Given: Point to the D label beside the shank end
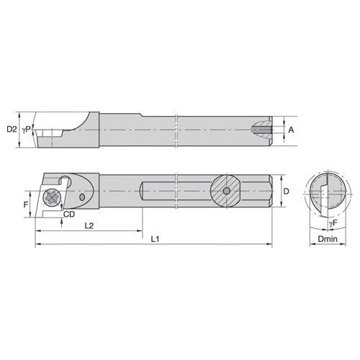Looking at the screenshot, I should coord(287,192).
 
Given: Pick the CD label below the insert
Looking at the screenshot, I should coord(70,214).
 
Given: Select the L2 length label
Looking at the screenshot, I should coord(88,225).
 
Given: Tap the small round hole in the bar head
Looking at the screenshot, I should coord(85,195).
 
